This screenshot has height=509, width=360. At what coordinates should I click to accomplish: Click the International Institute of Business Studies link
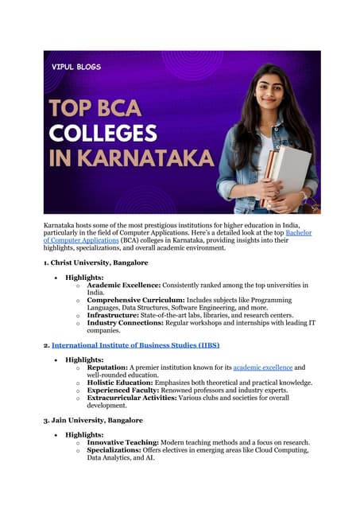click(x=135, y=345)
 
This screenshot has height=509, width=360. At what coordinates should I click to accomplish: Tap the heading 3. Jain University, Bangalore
click(x=93, y=419)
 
